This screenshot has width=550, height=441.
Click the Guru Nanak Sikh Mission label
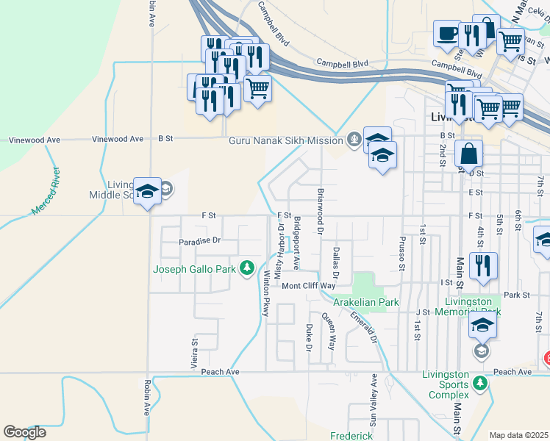(x=287, y=140)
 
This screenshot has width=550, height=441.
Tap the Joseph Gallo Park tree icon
(x=249, y=268)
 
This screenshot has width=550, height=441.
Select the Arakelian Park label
(x=365, y=302)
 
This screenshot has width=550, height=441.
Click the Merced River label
(x=46, y=191)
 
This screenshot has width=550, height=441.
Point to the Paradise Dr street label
(x=199, y=241)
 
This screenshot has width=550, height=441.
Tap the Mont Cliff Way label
(x=309, y=286)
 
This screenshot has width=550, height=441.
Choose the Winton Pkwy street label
(x=265, y=293)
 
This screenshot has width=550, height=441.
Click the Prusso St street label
(x=402, y=253)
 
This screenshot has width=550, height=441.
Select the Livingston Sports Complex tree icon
(x=481, y=383)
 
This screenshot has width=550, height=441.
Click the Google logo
(x=24, y=432)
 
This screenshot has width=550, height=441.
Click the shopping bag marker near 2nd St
(x=468, y=154)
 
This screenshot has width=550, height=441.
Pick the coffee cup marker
(x=447, y=34)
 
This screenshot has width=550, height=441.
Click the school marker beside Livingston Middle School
(x=147, y=192)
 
